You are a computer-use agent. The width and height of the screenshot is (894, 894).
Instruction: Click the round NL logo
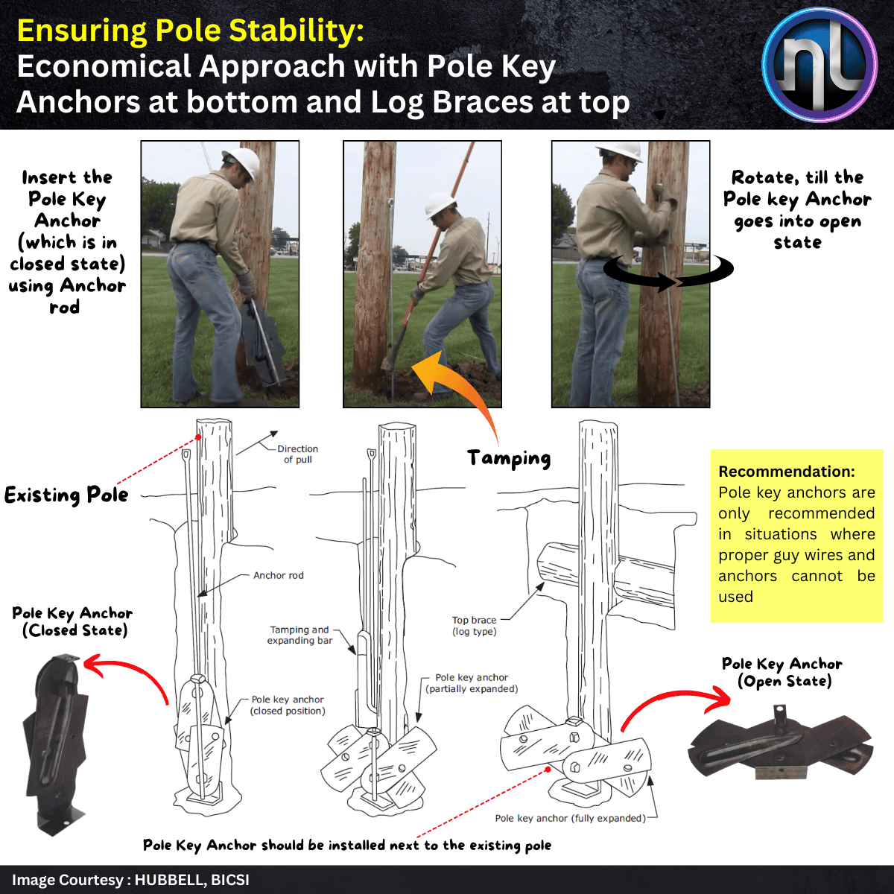[820, 65]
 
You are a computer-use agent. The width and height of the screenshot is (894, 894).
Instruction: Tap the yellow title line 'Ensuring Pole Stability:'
[190, 31]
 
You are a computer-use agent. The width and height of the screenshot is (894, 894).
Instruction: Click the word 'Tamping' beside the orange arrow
[509, 458]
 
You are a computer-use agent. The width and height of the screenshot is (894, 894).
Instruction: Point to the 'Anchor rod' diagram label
[278, 575]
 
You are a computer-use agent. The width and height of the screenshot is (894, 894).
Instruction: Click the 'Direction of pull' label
[297, 454]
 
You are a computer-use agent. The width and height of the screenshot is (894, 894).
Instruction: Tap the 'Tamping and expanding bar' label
[299, 635]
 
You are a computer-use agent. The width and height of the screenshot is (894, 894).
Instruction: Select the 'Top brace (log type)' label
[474, 626]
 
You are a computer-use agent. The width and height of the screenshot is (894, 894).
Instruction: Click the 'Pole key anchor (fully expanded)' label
[570, 818]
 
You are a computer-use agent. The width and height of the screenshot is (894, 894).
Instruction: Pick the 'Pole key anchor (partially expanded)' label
[472, 683]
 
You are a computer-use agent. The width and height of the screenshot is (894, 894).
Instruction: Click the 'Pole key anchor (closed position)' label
[288, 705]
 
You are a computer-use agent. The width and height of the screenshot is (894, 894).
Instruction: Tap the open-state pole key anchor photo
[781, 746]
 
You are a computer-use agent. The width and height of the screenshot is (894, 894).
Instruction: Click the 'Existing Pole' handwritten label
[66, 495]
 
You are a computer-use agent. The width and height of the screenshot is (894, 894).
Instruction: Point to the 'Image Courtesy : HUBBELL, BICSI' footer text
[130, 880]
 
